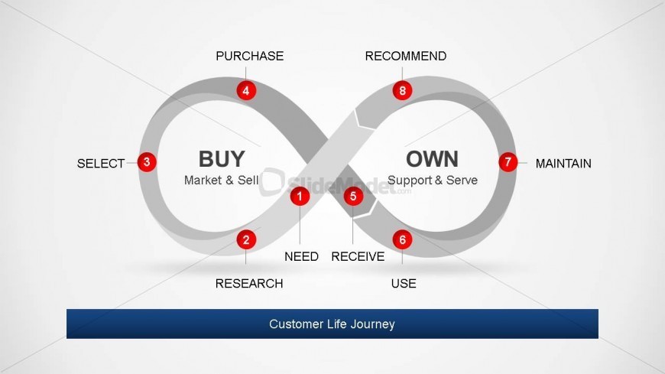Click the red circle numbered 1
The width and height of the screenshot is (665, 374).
tap(300, 197)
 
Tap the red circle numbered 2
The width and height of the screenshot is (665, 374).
tap(245, 240)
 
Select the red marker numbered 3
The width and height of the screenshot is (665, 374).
tap(148, 161)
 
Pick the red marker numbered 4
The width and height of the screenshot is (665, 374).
tap(245, 90)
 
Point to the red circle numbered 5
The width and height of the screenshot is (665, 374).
tap(352, 197)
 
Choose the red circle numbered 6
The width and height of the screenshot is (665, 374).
tap(402, 240)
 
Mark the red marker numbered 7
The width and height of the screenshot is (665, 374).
tap(508, 162)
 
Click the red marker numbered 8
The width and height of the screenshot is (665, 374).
tap(402, 90)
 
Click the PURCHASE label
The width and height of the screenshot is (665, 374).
tap(249, 56)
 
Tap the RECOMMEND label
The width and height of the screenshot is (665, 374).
tap(405, 56)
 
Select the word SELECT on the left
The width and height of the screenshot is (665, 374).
tap(100, 163)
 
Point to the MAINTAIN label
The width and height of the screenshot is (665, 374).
tap(563, 163)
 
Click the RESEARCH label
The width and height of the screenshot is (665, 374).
tap(249, 283)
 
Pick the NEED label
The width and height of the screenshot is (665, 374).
tap(301, 256)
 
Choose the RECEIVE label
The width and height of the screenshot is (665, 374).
tap(358, 256)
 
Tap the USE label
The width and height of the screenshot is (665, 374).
tap(404, 283)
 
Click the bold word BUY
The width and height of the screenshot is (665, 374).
tap(222, 159)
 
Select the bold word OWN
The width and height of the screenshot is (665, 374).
tap(432, 159)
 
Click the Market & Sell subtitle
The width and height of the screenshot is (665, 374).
tap(222, 180)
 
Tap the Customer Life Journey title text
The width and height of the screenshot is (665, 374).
tap(332, 324)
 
